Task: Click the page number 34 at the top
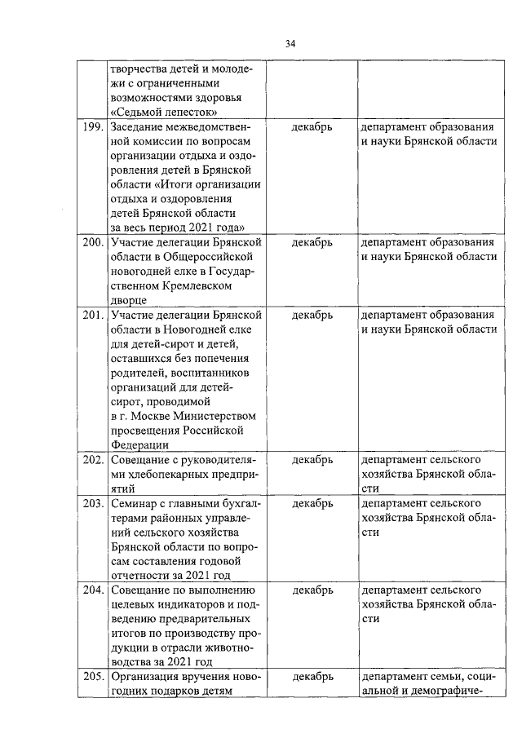tap(290, 43)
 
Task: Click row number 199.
tap(92, 128)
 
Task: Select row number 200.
tap(92, 242)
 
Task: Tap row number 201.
tap(92, 314)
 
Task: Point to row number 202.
tap(92, 460)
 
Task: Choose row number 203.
tap(92, 503)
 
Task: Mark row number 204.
tap(92, 590)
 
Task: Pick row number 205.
tap(92, 677)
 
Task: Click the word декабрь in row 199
tap(312, 128)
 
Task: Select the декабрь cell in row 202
tap(312, 460)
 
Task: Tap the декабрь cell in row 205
tap(312, 677)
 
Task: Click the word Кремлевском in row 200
tap(189, 285)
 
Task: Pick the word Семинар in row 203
tap(134, 503)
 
